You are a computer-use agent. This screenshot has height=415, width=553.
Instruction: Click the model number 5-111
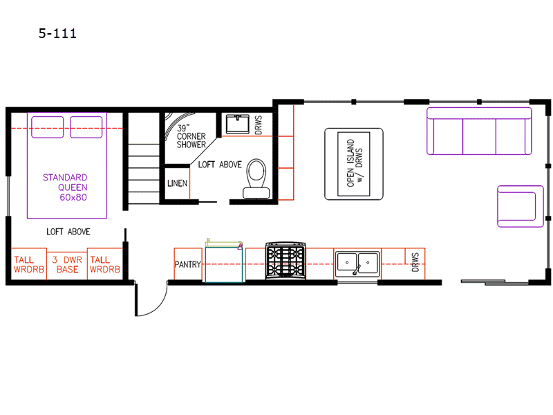(57, 33)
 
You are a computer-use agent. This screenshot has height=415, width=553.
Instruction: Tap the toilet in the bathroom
(256, 178)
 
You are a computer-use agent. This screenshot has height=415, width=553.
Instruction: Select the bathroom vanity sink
(237, 124)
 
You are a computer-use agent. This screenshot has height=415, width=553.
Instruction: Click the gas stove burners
(285, 261)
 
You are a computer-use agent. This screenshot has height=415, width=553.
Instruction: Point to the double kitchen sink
(357, 264)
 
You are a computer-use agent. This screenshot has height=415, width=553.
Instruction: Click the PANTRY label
(187, 264)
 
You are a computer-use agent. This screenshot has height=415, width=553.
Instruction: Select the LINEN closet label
(177, 183)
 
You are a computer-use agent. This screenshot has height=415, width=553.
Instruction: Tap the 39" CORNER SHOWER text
(191, 136)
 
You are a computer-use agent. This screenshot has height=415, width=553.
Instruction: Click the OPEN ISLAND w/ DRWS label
(355, 163)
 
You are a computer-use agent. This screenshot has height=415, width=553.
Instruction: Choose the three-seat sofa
(479, 131)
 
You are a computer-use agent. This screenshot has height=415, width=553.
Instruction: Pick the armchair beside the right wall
(521, 206)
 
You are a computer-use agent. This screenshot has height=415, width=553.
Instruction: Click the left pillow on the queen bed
(48, 127)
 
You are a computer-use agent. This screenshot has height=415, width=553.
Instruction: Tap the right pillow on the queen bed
(86, 127)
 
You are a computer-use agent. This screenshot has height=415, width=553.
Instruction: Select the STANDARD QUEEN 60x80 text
(65, 187)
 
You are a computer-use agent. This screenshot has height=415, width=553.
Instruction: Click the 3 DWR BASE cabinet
(67, 264)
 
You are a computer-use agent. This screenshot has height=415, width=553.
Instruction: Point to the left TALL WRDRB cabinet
(29, 264)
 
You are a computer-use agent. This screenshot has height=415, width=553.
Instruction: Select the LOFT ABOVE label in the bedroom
(68, 232)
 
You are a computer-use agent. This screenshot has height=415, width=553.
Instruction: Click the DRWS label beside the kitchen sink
(415, 262)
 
